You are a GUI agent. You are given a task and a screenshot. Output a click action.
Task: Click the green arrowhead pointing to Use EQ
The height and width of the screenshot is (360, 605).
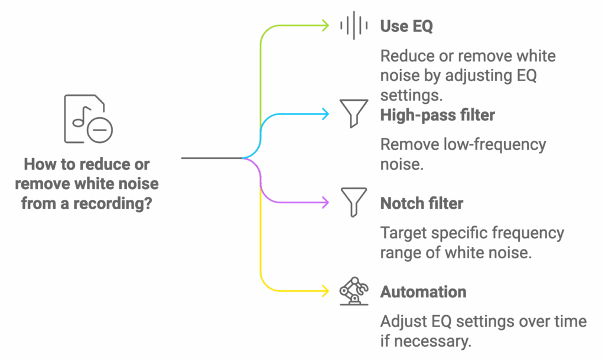pos(325,25)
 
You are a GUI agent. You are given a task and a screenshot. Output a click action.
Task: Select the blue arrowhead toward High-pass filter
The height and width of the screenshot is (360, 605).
pos(325,114)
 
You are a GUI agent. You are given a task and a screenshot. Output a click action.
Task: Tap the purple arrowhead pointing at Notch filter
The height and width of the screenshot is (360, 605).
pos(325,202)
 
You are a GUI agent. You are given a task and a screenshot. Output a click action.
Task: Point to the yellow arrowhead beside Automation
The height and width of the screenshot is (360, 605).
pos(325,291)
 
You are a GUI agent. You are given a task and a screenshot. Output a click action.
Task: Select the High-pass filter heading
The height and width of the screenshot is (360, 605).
pos(437,115)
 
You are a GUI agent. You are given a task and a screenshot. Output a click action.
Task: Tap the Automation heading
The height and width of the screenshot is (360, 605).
pos(424,291)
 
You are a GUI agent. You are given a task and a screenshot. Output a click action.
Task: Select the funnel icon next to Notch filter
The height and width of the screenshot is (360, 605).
pos(354,202)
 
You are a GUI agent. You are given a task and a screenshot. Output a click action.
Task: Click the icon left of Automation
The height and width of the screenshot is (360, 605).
pos(354,291)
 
